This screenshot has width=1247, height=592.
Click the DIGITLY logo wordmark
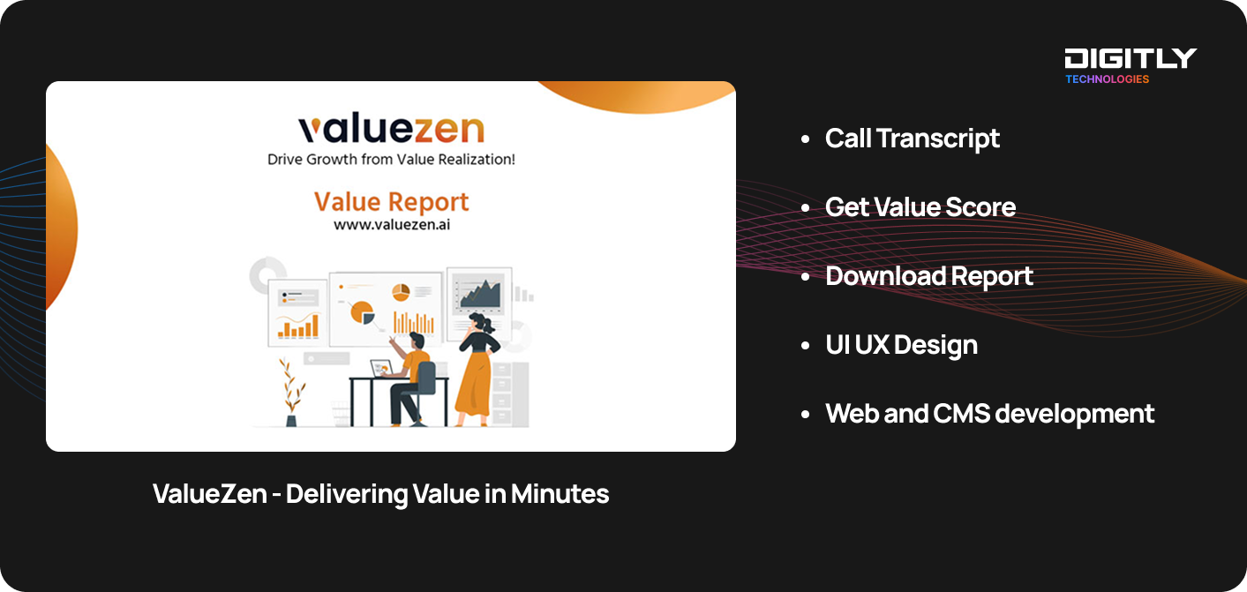(1131, 58)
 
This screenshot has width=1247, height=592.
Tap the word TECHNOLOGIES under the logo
(1107, 79)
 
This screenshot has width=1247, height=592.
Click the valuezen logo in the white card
(391, 129)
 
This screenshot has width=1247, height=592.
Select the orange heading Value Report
(391, 201)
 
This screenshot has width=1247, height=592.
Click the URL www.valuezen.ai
(392, 225)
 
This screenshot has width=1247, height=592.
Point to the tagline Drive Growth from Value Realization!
(391, 160)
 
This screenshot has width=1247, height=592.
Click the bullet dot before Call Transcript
(805, 139)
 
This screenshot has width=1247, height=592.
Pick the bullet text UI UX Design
(901, 345)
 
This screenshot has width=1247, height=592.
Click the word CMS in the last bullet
(961, 414)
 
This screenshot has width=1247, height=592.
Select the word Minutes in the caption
(560, 493)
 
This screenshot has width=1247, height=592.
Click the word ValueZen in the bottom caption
(210, 493)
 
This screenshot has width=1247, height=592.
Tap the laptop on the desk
(382, 368)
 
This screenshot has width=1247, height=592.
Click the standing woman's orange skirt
(474, 387)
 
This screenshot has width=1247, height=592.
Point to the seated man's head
(417, 340)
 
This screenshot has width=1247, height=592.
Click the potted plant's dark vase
(291, 421)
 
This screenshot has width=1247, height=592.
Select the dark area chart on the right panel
(479, 294)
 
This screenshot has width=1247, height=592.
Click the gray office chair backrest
(426, 378)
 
